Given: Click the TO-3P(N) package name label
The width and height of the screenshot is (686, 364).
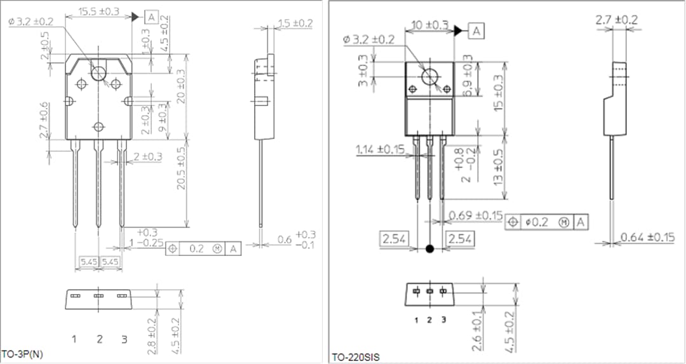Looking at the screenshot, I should (x=22, y=353).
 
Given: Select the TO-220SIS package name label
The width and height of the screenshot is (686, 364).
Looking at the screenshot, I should (x=355, y=358).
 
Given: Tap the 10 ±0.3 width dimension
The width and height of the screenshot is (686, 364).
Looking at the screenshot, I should (x=429, y=25).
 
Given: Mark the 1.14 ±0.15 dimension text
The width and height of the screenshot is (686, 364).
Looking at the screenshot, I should (x=380, y=150).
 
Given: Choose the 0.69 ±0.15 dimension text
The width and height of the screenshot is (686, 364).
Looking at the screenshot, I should (x=475, y=215).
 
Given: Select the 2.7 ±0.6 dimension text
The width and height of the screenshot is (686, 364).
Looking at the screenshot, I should (x=44, y=120).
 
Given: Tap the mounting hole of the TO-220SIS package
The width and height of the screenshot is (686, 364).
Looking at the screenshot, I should (x=430, y=78).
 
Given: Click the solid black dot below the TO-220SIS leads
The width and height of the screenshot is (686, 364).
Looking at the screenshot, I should (x=430, y=248).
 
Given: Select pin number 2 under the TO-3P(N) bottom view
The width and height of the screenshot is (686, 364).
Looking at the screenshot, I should (x=99, y=339).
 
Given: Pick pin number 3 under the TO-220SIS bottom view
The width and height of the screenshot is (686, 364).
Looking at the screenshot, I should (x=443, y=320).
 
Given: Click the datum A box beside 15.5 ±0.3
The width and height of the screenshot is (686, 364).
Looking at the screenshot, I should (x=151, y=17).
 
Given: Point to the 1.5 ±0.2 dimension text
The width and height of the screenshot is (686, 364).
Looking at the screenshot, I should (x=295, y=23).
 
